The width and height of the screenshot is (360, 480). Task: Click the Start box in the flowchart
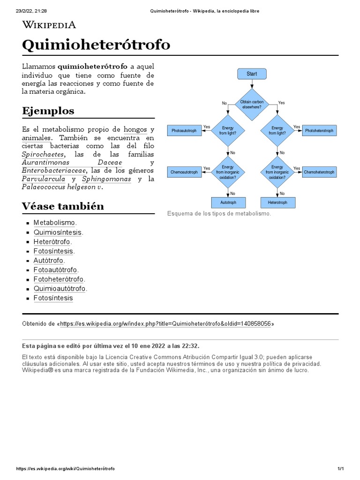pos(252,74)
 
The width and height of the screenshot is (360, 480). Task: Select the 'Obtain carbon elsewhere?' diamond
pos(252,104)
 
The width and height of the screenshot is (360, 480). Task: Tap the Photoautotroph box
pos(184,131)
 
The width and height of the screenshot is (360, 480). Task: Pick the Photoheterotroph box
pos(319,131)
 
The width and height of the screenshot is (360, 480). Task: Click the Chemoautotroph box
pos(184,172)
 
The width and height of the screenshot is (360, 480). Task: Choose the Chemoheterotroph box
pos(319,172)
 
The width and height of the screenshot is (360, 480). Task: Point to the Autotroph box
pos(228,202)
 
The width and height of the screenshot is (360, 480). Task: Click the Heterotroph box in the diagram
pos(277,202)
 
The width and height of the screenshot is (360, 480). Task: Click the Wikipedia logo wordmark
pos(49,25)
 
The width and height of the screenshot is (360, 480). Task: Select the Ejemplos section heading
pos(48,111)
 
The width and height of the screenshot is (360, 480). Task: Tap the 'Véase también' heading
pos(63,206)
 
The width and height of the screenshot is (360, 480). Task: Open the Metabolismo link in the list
pos(54,223)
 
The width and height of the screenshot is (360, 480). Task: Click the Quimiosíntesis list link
pos(58,232)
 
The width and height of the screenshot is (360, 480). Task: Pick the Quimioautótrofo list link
pos(60,289)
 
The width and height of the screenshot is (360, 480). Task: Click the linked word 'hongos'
pos(135,129)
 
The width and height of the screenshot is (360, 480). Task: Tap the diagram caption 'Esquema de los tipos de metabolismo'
pos(219,214)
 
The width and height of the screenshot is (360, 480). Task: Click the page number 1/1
pos(341,469)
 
